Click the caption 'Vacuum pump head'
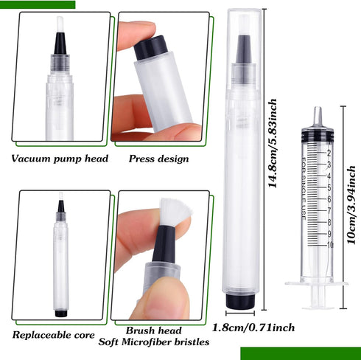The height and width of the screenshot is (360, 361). pos(60,159)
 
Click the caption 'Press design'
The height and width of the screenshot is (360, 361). pos(158,159)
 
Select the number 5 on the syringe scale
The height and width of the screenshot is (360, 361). pos(328,187)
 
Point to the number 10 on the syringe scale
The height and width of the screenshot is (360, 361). pos(329,244)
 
